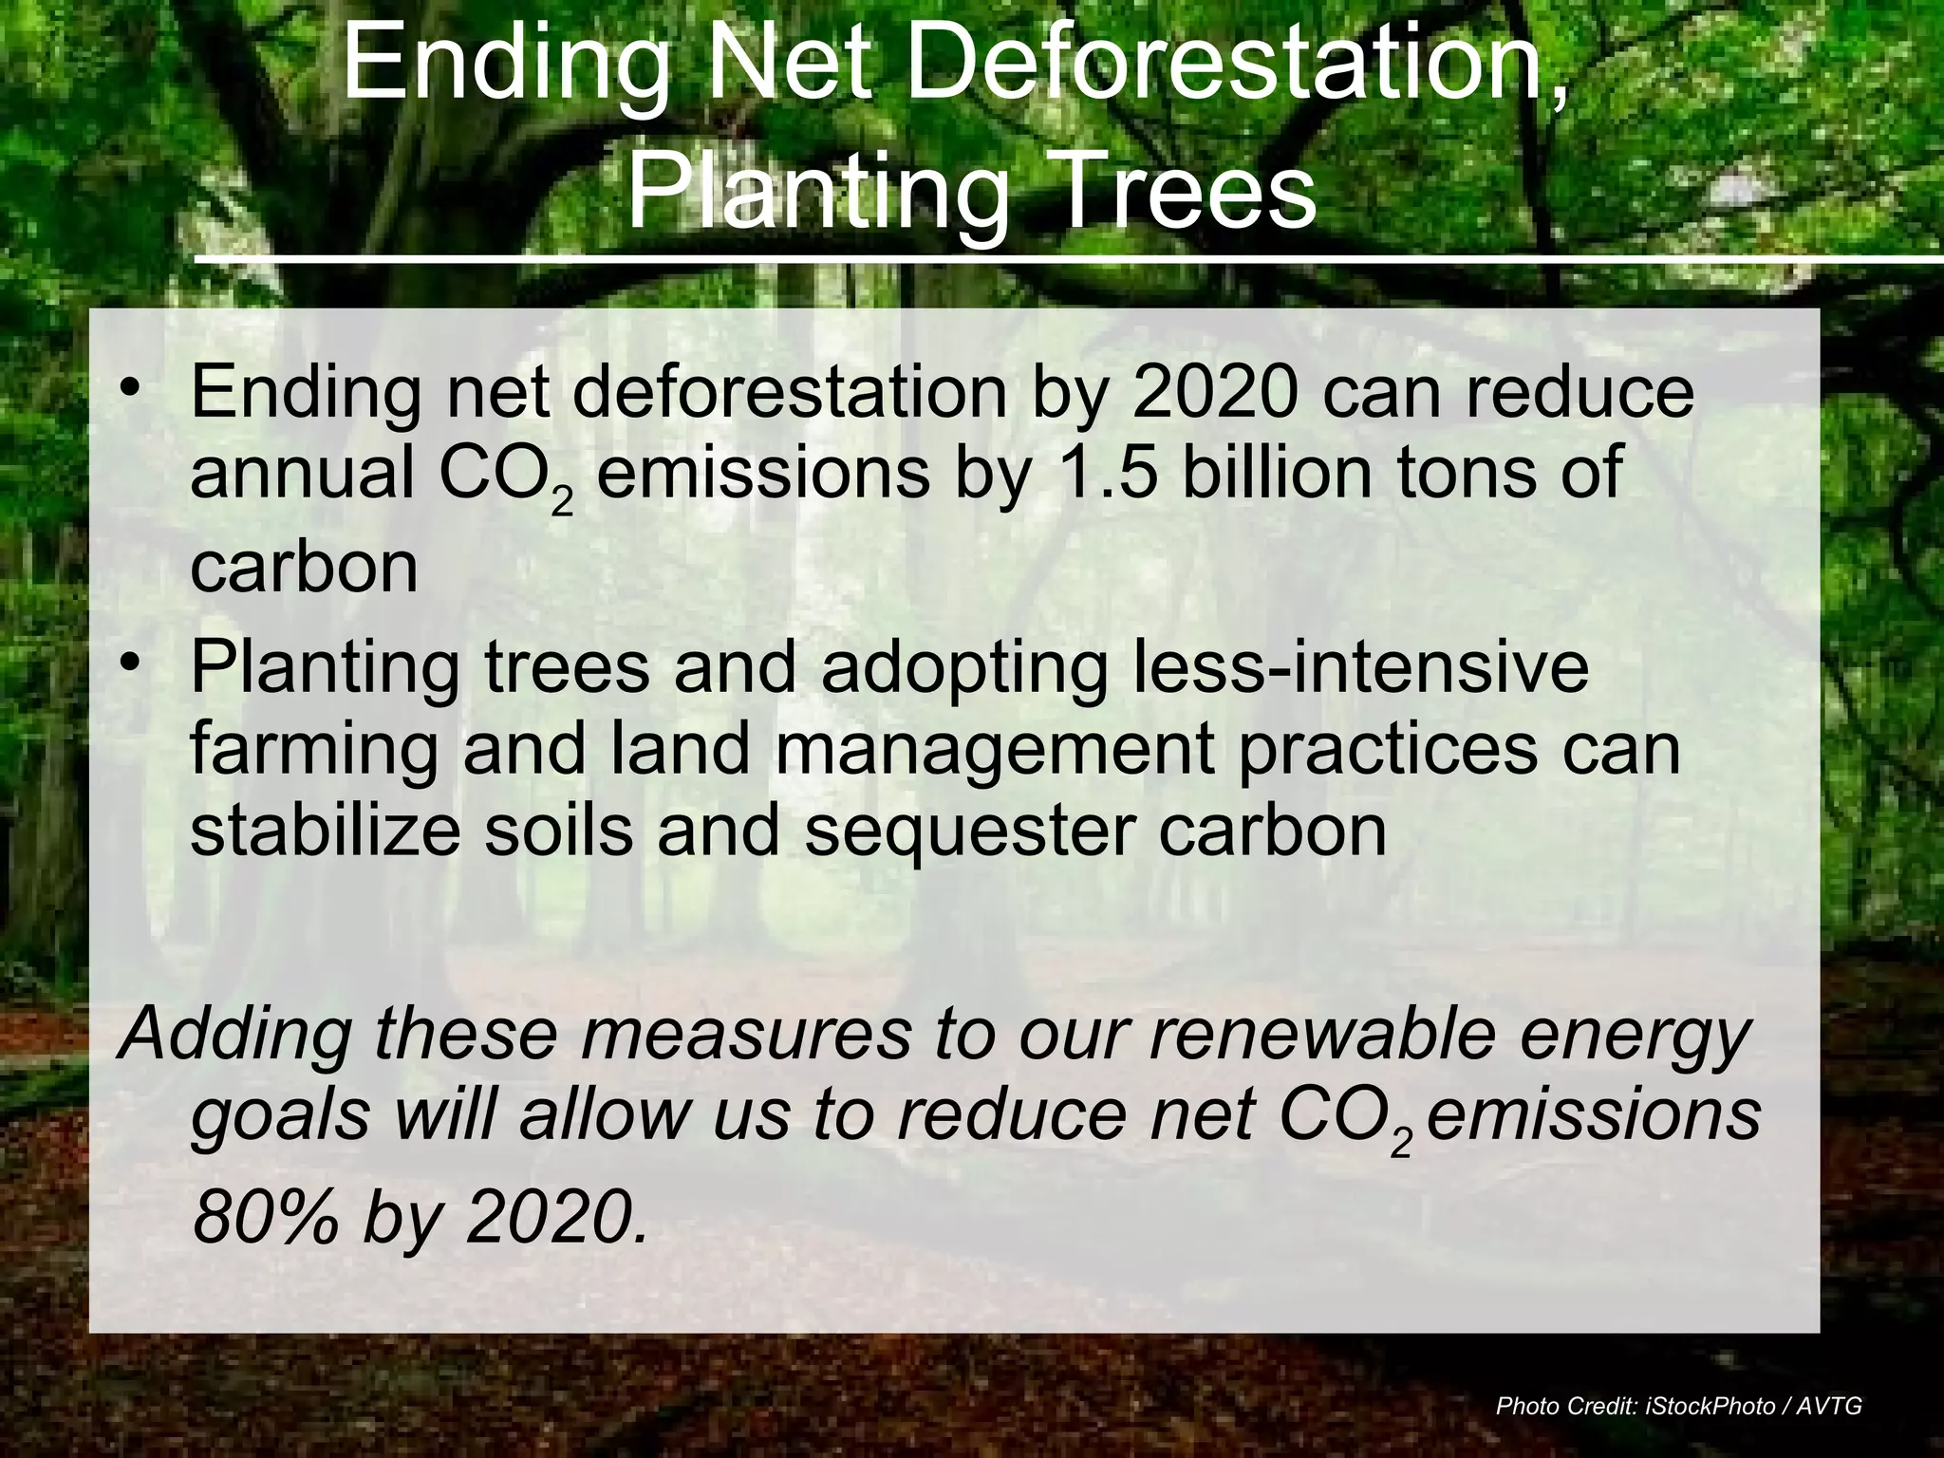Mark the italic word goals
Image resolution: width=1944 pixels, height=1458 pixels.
(x=281, y=1117)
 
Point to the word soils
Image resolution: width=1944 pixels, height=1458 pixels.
(x=558, y=830)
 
